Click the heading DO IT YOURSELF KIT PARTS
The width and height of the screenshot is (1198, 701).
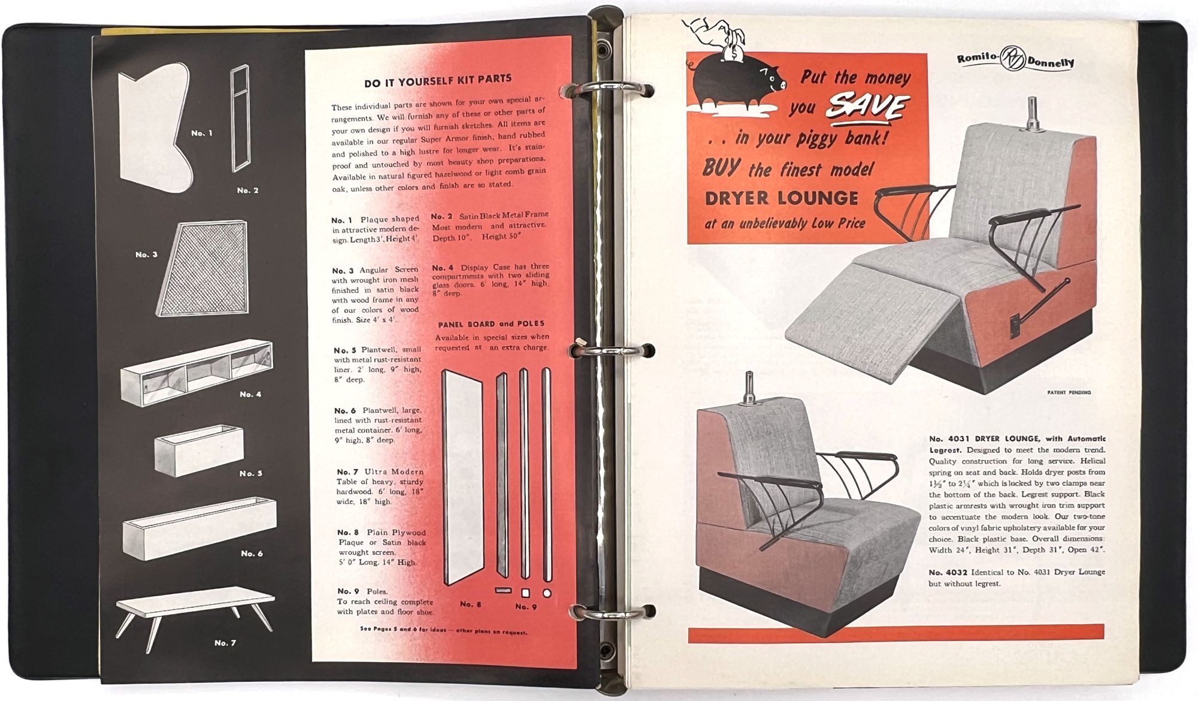click(438, 79)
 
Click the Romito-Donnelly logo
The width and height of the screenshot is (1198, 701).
click(1015, 59)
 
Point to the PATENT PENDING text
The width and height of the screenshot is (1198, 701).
click(1069, 392)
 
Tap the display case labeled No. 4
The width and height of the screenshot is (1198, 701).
click(196, 373)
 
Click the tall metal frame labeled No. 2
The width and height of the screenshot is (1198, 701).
click(240, 118)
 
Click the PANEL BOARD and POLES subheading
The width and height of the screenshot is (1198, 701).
click(491, 324)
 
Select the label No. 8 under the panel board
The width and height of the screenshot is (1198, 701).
click(471, 604)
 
